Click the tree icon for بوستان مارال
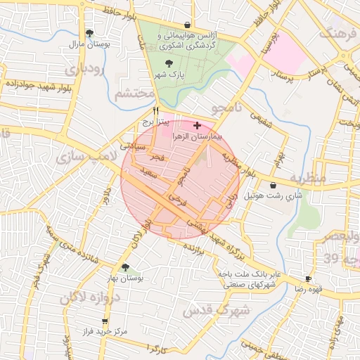coord(89,33)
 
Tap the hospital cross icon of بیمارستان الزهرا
coord(196,124)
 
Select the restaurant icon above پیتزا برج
coord(156,110)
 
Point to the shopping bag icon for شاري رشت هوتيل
coord(273,186)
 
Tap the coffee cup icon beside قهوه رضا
coord(308,278)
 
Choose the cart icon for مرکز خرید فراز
coord(105,321)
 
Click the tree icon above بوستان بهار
coord(125,267)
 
